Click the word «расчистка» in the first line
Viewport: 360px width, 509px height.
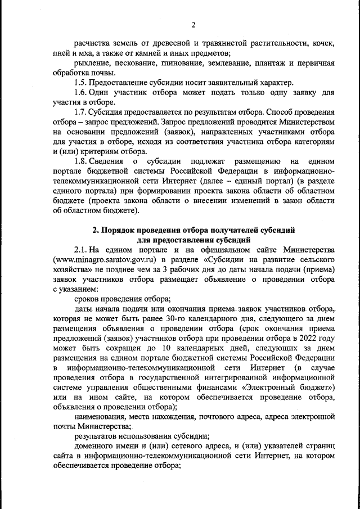93,43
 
